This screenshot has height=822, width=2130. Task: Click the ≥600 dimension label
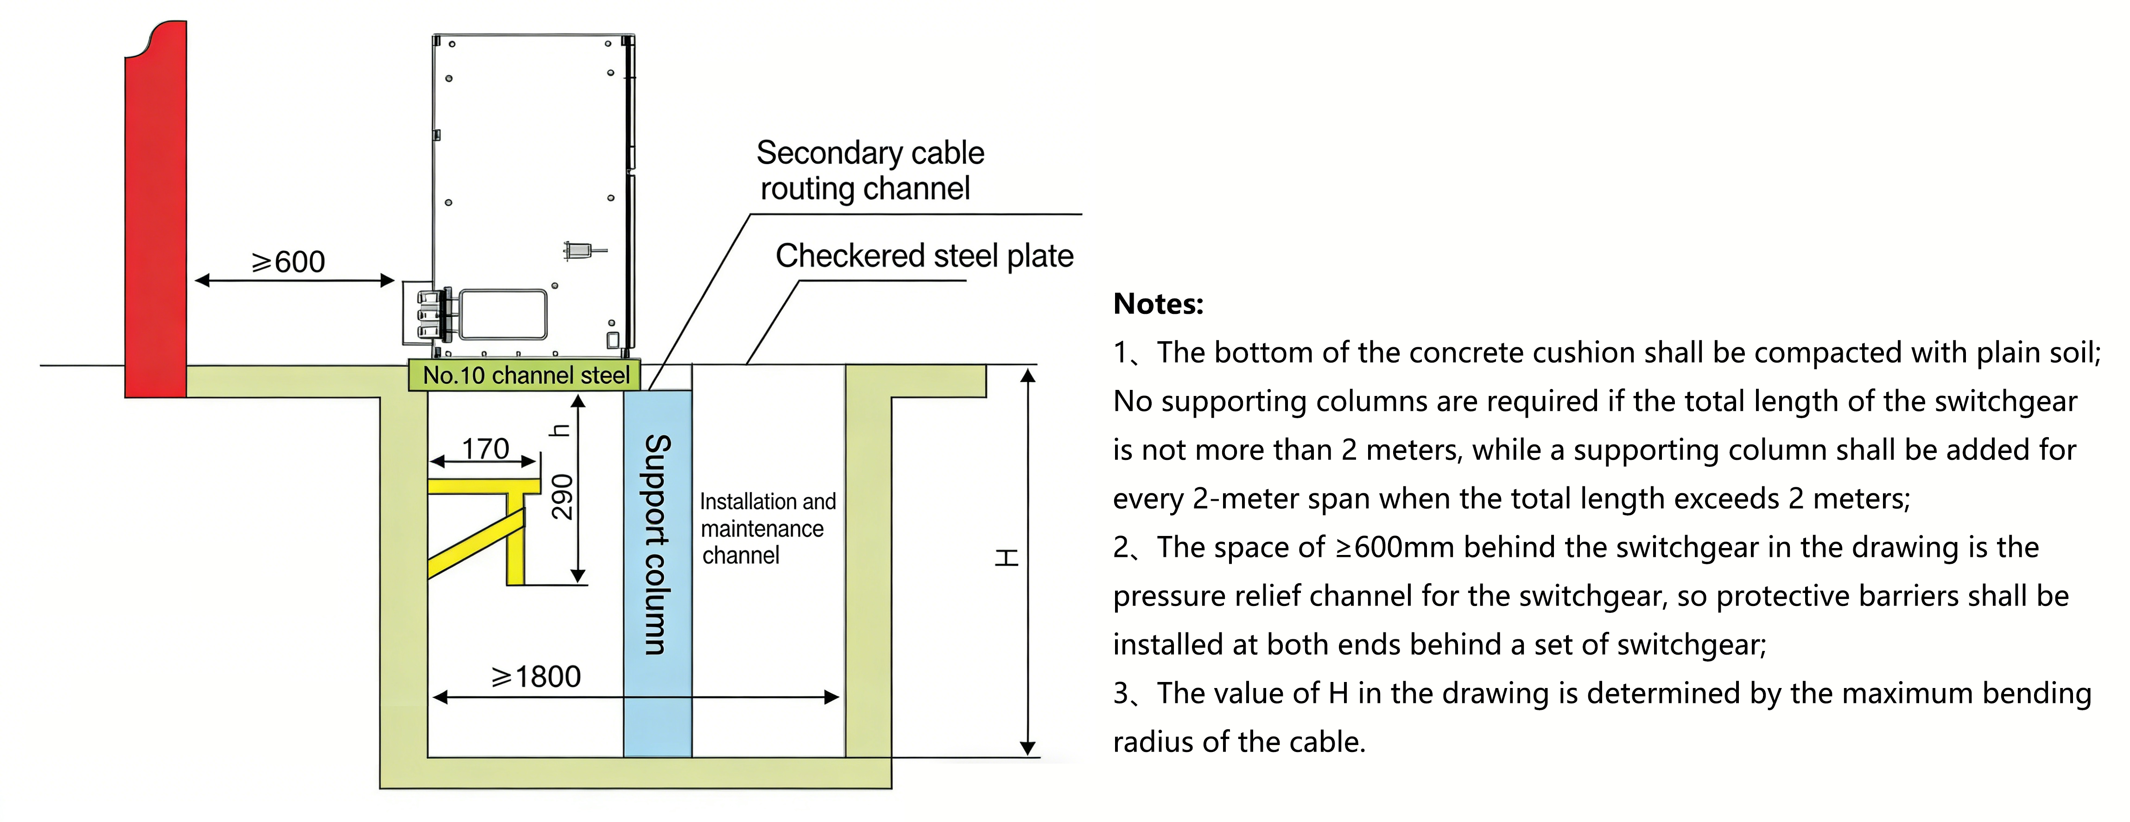pos(289,262)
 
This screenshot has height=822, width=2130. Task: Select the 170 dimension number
pos(485,449)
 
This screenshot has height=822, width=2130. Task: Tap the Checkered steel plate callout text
pos(924,256)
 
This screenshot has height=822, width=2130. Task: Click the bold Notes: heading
pos(1158,304)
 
